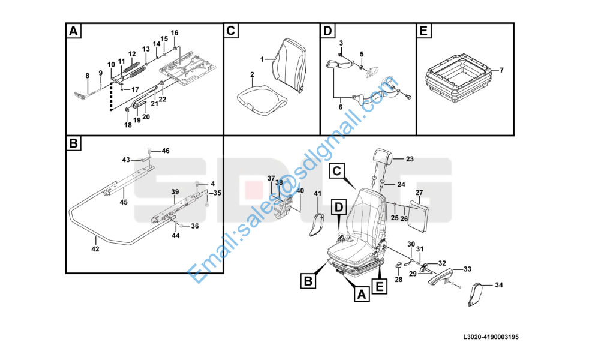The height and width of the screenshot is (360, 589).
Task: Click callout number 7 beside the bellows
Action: coord(501,70)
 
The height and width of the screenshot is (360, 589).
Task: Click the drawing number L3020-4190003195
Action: coord(491,337)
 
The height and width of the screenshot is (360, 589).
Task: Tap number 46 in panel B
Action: coord(166,151)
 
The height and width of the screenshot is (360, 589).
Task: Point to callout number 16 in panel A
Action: coord(175,32)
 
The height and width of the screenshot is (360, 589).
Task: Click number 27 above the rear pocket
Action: coord(419,193)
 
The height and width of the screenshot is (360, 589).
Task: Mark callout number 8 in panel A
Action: coord(87,75)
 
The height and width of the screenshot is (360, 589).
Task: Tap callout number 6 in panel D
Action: coord(341,107)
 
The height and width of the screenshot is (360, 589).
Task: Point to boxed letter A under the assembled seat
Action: coord(360,295)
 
